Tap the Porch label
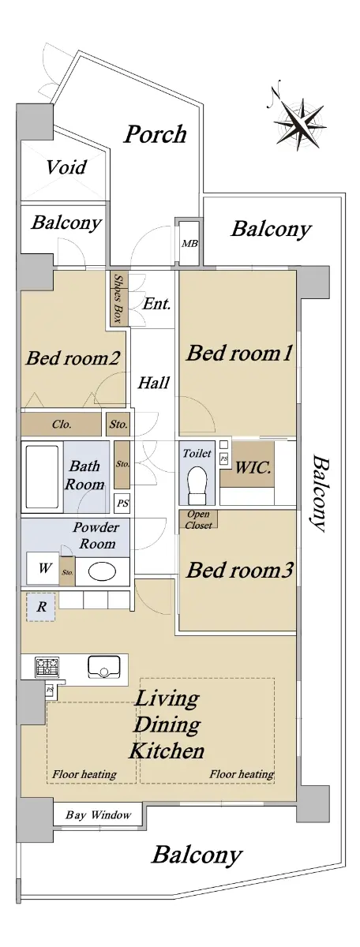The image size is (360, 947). pyautogui.click(x=156, y=134)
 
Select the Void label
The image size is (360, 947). pyautogui.click(x=66, y=167)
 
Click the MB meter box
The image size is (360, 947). pyautogui.click(x=189, y=243)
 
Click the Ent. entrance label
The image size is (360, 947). pyautogui.click(x=156, y=304)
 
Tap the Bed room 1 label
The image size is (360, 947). pyautogui.click(x=239, y=353)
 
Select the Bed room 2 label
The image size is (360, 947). pyautogui.click(x=73, y=358)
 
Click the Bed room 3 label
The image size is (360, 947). pyautogui.click(x=239, y=570)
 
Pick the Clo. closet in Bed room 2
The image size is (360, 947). pyautogui.click(x=62, y=424)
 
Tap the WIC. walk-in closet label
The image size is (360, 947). pyautogui.click(x=253, y=467)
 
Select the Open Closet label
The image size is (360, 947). pyautogui.click(x=198, y=519)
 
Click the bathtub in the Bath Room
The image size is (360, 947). pyautogui.click(x=42, y=476)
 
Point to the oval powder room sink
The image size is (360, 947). pyautogui.click(x=102, y=572)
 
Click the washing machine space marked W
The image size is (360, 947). pyautogui.click(x=43, y=569)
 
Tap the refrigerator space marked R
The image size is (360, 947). pyautogui.click(x=41, y=608)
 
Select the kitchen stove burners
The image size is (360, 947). pyautogui.click(x=47, y=667)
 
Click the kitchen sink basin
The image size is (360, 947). pyautogui.click(x=102, y=667)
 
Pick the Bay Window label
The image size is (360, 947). pyautogui.click(x=98, y=814)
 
